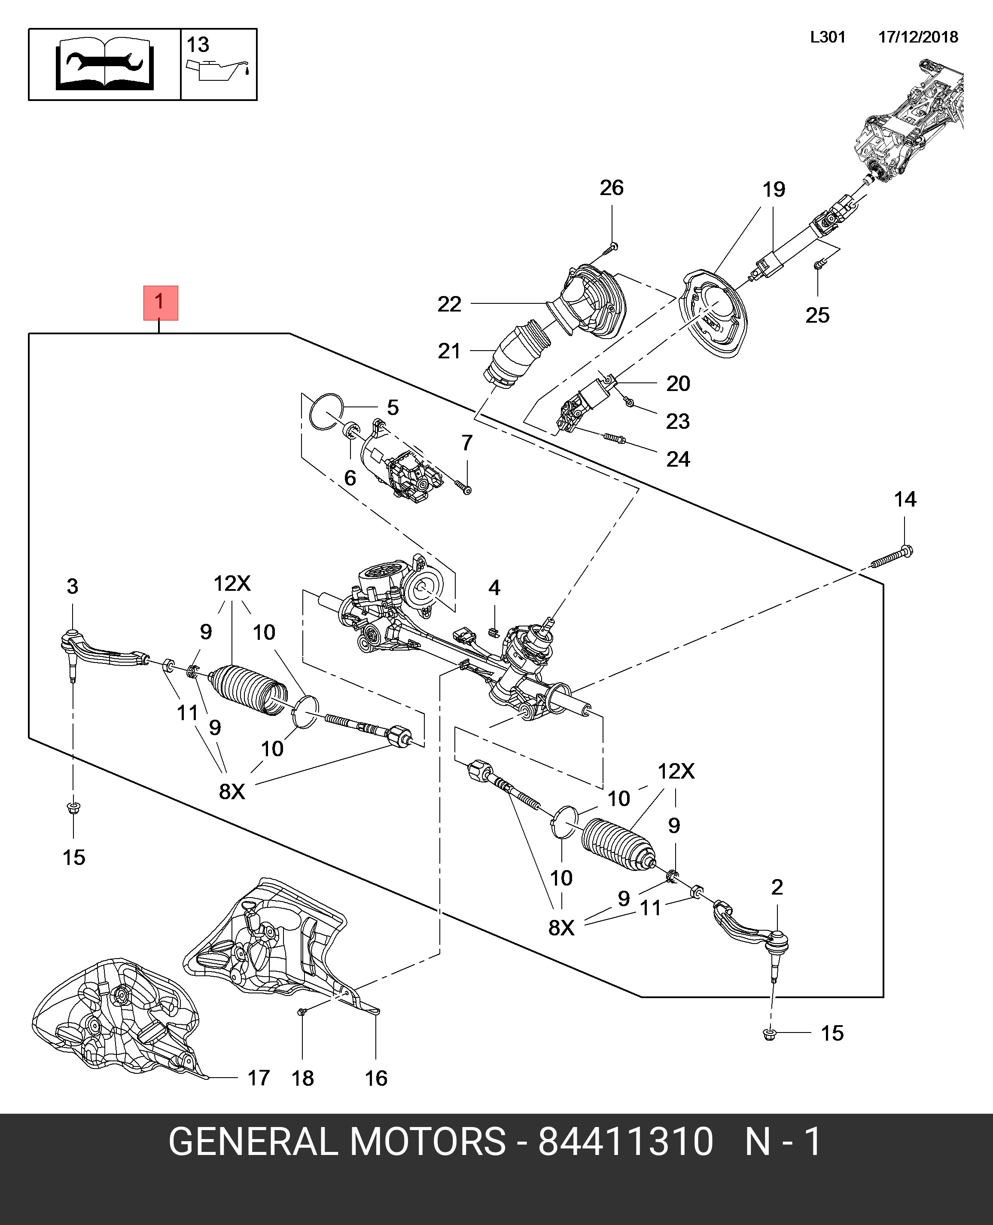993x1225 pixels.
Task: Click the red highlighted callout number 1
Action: [160, 302]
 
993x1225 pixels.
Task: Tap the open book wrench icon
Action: [105, 64]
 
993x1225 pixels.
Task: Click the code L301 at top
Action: [827, 37]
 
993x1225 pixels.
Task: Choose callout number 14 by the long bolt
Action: [905, 500]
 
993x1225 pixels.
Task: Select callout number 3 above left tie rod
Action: [72, 586]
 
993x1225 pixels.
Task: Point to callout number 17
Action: [259, 1078]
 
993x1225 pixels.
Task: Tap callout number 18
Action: [303, 1078]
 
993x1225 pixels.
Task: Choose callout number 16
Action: [376, 1078]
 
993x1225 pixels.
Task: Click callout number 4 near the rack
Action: [494, 588]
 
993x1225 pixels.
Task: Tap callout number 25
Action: [817, 315]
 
